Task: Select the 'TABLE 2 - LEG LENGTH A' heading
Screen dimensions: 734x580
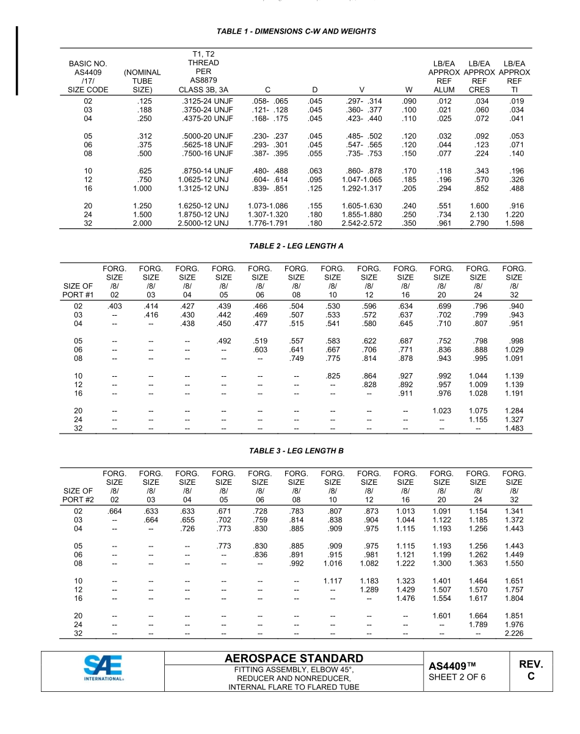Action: (296, 245)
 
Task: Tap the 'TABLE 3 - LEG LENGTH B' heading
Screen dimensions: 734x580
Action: (296, 451)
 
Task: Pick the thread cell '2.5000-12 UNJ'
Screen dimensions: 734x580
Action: (203, 223)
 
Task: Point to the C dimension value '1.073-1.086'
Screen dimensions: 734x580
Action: (268, 206)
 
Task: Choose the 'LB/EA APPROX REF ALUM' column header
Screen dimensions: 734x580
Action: (444, 76)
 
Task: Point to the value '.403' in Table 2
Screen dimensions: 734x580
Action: (114, 306)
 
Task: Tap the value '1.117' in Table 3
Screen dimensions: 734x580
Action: (333, 581)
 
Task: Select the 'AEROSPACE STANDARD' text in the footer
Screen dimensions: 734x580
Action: (294, 658)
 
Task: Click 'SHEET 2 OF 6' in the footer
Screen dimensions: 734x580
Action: (457, 677)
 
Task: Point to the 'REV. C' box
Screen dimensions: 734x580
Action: (531, 670)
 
